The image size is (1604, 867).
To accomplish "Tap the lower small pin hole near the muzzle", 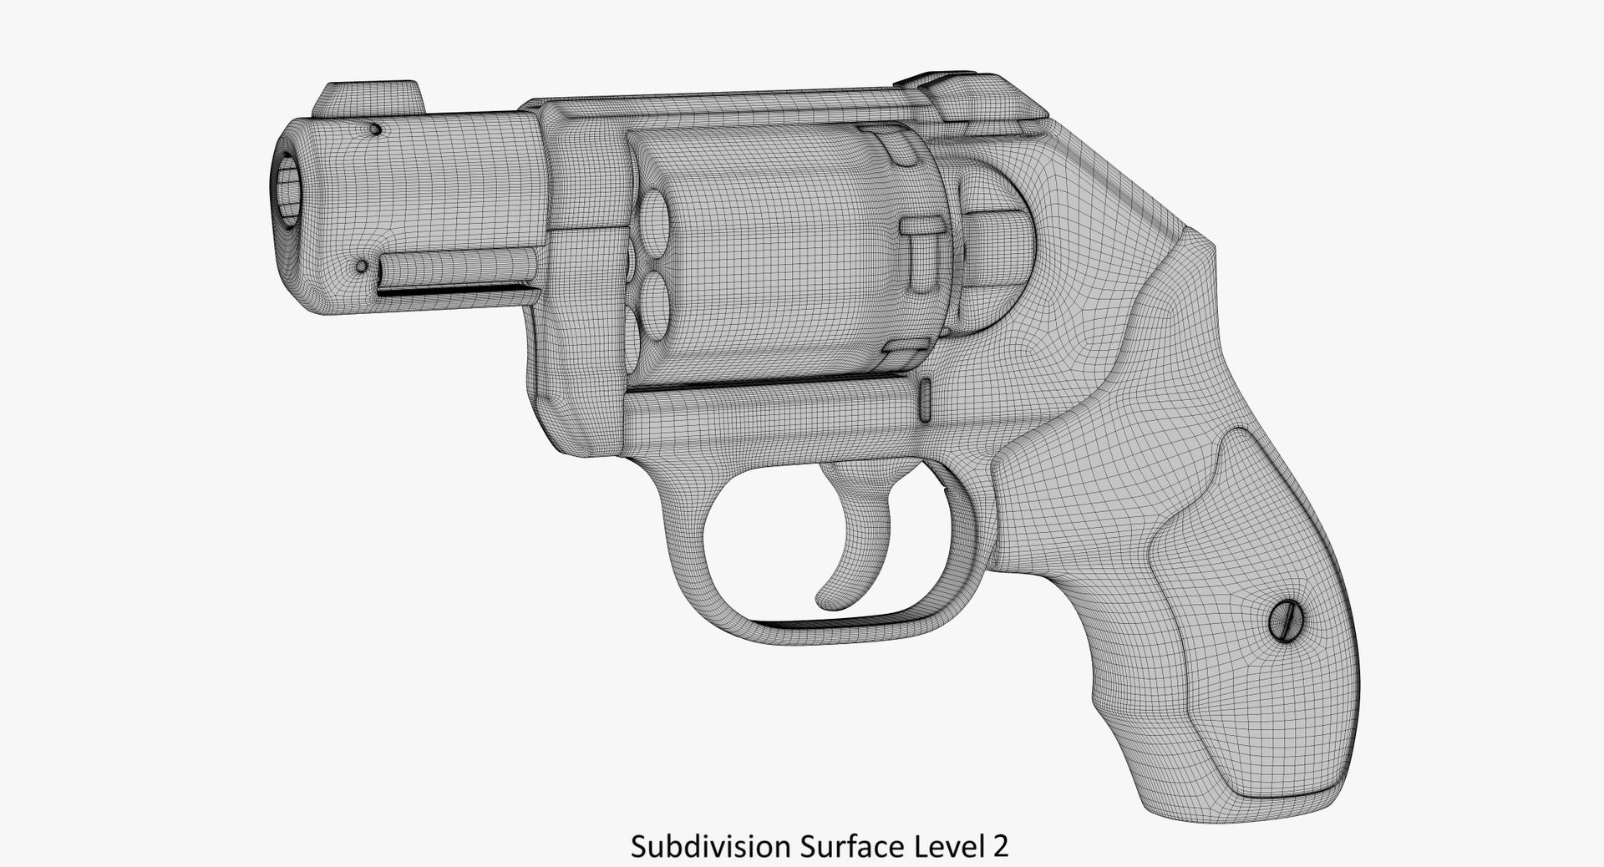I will [x=362, y=267].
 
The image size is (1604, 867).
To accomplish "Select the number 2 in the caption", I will [x=1000, y=846].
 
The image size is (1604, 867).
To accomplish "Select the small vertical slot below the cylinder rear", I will [x=926, y=399].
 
